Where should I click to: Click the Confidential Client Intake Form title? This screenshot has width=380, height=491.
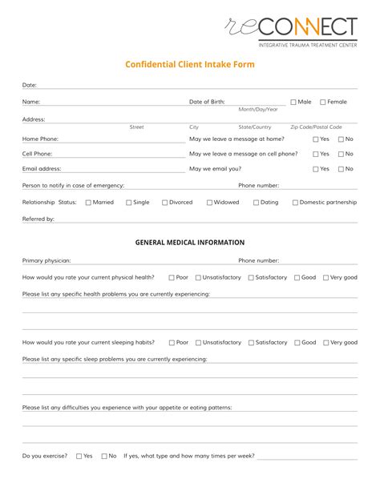[x=190, y=65]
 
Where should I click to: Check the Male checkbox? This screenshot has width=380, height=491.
[x=293, y=102]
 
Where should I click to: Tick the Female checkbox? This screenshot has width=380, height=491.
[x=323, y=102]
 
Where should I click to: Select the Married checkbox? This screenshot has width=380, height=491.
[x=88, y=203]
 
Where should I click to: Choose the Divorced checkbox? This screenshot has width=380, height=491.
[x=165, y=203]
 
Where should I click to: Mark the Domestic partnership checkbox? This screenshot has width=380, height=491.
[x=295, y=203]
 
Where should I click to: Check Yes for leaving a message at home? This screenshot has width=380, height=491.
[x=316, y=139]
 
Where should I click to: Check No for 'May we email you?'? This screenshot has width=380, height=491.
[x=342, y=169]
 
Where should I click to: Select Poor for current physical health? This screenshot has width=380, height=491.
[x=172, y=277]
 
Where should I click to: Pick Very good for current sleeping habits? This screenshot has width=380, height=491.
[x=326, y=342]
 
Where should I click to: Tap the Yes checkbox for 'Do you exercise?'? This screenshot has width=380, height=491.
[x=79, y=456]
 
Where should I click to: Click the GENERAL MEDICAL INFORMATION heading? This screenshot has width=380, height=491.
[x=190, y=242]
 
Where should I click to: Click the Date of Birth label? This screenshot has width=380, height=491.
[x=207, y=102]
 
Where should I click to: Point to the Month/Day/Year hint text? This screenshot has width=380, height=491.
[x=258, y=109]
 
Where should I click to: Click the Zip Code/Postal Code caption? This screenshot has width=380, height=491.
[x=316, y=127]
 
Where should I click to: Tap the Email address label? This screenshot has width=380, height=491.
[x=41, y=169]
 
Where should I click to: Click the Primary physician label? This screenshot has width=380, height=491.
[x=46, y=260]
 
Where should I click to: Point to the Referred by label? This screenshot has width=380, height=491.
[x=38, y=219]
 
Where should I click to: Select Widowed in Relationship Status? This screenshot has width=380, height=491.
[x=210, y=203]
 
